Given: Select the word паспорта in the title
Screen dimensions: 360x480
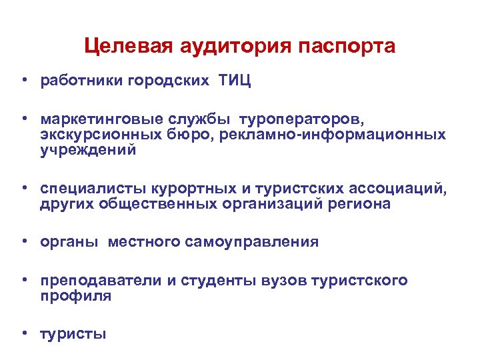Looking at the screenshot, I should (347, 47).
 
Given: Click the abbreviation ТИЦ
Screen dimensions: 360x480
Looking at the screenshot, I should (234, 81).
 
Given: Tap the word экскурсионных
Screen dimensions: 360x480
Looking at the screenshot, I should (97, 135).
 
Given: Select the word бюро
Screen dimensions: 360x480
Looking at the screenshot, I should (183, 135).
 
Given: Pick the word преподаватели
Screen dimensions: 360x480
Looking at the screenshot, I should (101, 281).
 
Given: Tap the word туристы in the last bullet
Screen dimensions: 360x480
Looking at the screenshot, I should (74, 334).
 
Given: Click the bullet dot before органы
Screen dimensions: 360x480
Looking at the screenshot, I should (23, 241).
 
